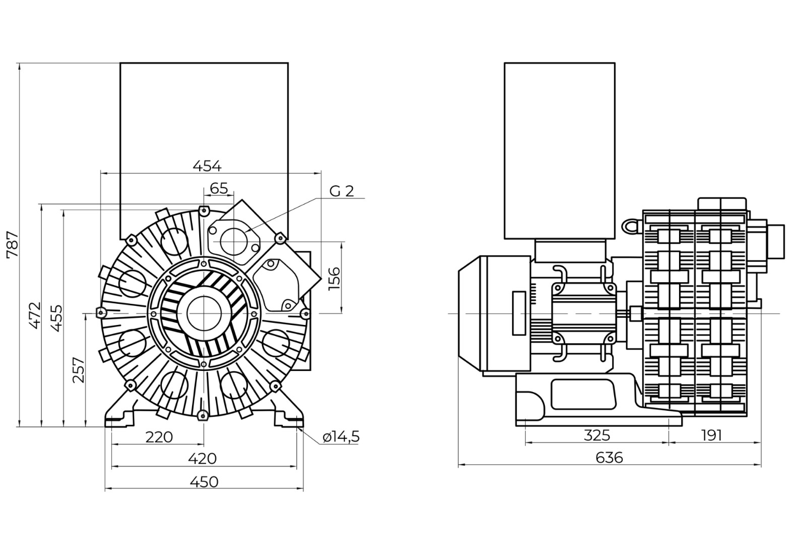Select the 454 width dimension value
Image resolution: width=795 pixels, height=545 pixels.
coord(207,165)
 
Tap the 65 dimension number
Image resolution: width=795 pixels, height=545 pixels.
coord(219,188)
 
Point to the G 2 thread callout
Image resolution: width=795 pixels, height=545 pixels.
coord(342,191)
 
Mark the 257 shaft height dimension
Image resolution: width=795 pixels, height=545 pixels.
coord(79,370)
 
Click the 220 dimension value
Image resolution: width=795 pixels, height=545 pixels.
coord(159,437)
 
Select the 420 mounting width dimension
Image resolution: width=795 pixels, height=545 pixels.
coord(202,458)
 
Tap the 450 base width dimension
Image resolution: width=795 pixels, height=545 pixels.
coord(204,482)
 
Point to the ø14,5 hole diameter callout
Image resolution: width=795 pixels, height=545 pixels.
coord(341,437)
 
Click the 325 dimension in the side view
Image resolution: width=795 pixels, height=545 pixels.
coord(596,435)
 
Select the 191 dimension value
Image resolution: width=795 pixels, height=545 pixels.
coord(711,435)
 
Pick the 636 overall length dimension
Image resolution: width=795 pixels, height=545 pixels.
coord(609,458)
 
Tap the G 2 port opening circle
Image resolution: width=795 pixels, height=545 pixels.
coord(233,241)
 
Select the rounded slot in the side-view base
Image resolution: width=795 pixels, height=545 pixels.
coord(583,394)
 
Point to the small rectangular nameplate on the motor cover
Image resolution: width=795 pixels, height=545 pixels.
coord(519,313)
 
